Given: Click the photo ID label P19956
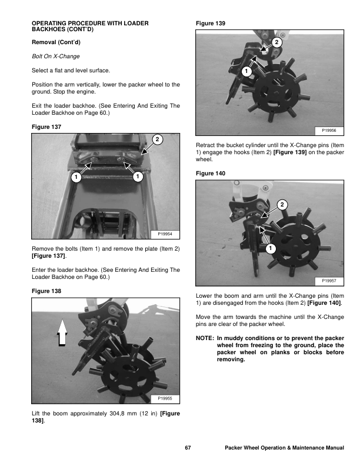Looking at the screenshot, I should click(x=330, y=131).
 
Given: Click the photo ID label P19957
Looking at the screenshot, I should click(x=330, y=281).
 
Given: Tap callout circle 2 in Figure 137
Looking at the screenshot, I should click(x=157, y=139).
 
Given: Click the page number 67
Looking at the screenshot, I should click(x=188, y=448).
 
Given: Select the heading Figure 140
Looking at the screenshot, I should click(x=209, y=173).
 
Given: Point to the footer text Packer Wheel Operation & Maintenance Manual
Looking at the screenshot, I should click(x=285, y=448).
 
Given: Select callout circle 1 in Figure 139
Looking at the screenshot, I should click(x=245, y=71).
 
